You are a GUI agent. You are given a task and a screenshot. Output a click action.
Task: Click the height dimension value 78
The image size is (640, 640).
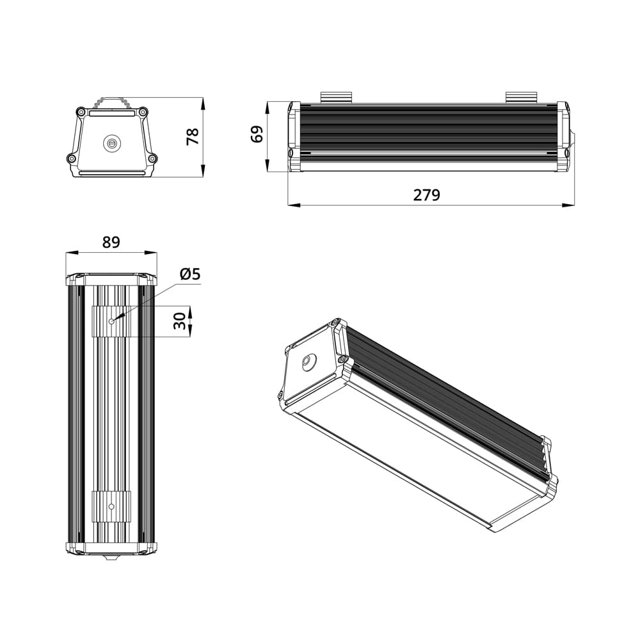click(x=193, y=136)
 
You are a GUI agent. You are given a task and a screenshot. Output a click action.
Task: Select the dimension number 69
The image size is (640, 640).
click(x=257, y=134)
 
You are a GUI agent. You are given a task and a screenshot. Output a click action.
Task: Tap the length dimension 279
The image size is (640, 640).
click(x=426, y=195)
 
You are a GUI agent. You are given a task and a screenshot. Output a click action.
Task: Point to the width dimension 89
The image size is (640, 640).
click(x=111, y=242)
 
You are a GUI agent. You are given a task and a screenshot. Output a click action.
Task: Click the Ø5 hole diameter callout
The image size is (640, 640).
click(x=190, y=274)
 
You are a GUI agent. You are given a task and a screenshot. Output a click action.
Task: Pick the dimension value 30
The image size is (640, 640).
click(x=181, y=321)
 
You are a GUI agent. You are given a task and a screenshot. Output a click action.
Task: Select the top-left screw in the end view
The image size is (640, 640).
click(x=81, y=112)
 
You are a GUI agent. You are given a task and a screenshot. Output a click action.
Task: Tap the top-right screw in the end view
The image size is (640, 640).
click(x=143, y=112)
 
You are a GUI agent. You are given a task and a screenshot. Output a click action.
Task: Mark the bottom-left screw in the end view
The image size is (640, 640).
click(x=71, y=159)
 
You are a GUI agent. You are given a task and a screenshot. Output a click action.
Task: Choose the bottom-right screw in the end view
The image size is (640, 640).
click(x=152, y=159)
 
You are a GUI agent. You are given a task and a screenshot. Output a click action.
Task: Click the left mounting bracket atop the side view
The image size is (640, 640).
click(x=337, y=97)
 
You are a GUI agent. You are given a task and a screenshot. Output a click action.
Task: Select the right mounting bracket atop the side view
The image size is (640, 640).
click(x=522, y=97)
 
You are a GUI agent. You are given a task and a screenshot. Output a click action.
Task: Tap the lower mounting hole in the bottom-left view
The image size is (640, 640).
click(x=111, y=506)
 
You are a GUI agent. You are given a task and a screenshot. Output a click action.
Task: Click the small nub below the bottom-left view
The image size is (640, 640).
click(x=111, y=558)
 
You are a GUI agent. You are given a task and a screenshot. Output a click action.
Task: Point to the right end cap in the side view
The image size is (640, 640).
click(x=563, y=137)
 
